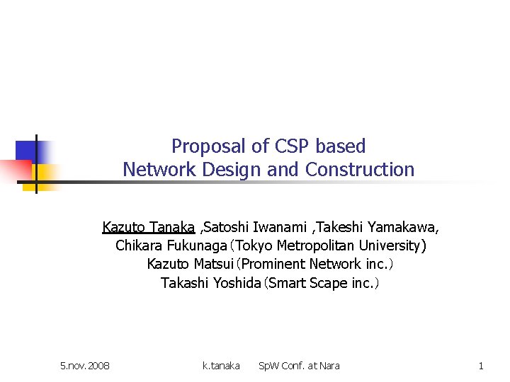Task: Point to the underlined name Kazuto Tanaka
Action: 148,228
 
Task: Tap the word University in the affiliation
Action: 389,246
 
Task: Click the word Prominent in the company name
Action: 273,265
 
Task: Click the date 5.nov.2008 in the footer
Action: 85,366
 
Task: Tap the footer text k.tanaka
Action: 221,366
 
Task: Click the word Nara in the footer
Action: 329,366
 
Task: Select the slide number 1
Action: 481,366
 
